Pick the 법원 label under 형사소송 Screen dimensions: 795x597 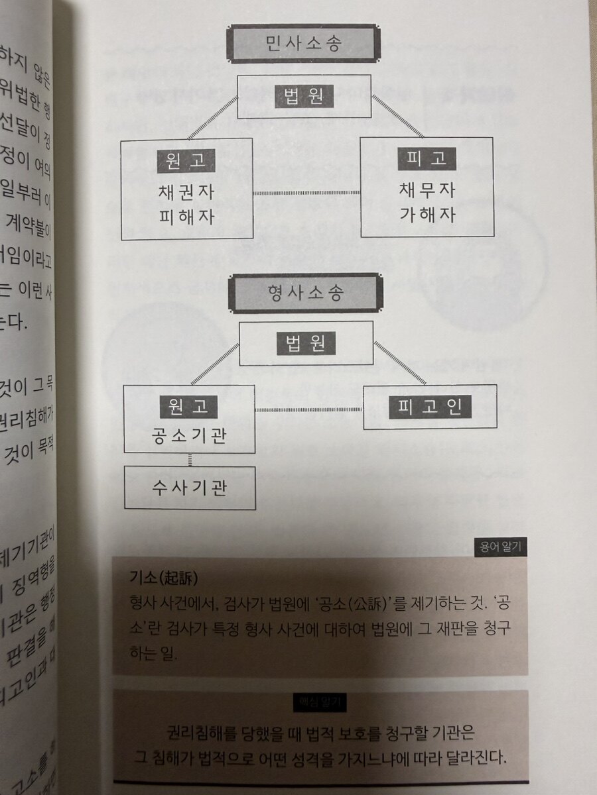pos(306,344)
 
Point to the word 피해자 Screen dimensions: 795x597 pos(186,217)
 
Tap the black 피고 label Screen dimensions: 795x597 pos(427,160)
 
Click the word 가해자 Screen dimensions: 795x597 pos(427,216)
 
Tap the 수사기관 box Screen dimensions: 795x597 pos(190,488)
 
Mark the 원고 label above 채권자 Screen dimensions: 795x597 pos(186,160)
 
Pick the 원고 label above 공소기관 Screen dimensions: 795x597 pos(189,406)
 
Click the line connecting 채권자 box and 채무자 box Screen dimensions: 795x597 pos(306,193)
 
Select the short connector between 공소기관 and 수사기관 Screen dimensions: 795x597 pos(190,460)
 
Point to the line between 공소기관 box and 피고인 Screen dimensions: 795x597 pos(309,409)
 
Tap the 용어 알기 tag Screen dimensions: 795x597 pos(501,547)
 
